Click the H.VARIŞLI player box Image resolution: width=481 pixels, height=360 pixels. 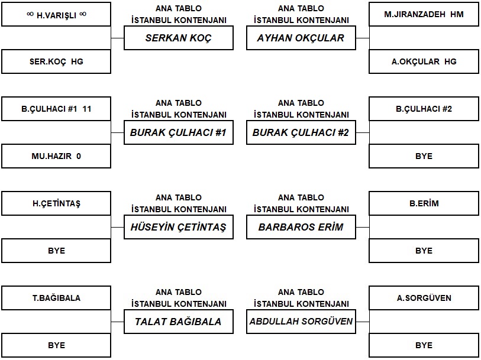[56, 14]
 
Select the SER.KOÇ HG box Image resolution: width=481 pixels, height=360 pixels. [56, 61]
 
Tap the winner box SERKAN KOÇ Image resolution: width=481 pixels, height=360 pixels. [179, 38]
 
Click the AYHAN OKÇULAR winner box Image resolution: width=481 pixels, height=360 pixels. [301, 38]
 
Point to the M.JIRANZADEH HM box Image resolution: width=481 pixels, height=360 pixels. [424, 14]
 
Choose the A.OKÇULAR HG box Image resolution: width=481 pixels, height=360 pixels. [424, 61]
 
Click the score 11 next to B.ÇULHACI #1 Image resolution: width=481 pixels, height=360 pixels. [87, 109]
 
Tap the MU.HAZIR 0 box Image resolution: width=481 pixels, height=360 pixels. [56, 156]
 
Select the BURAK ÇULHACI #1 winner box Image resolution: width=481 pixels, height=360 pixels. [179, 132]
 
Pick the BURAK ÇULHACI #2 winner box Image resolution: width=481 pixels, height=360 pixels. [301, 132]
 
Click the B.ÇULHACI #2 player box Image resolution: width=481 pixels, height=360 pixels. [424, 109]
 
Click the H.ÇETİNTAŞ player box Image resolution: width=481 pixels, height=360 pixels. [56, 204]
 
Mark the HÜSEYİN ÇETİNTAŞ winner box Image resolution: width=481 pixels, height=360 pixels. [179, 228]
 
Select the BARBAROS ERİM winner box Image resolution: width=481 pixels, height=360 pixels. [301, 228]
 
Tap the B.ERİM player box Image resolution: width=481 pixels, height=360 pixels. [424, 204]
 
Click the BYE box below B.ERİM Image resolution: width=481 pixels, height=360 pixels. [424, 251]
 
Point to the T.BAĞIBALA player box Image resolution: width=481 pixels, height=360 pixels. [56, 298]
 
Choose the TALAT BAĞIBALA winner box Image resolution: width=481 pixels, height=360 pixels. [179, 322]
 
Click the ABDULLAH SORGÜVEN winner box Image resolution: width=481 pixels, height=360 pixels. [301, 322]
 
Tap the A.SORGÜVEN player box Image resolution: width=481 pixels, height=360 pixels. [424, 298]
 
